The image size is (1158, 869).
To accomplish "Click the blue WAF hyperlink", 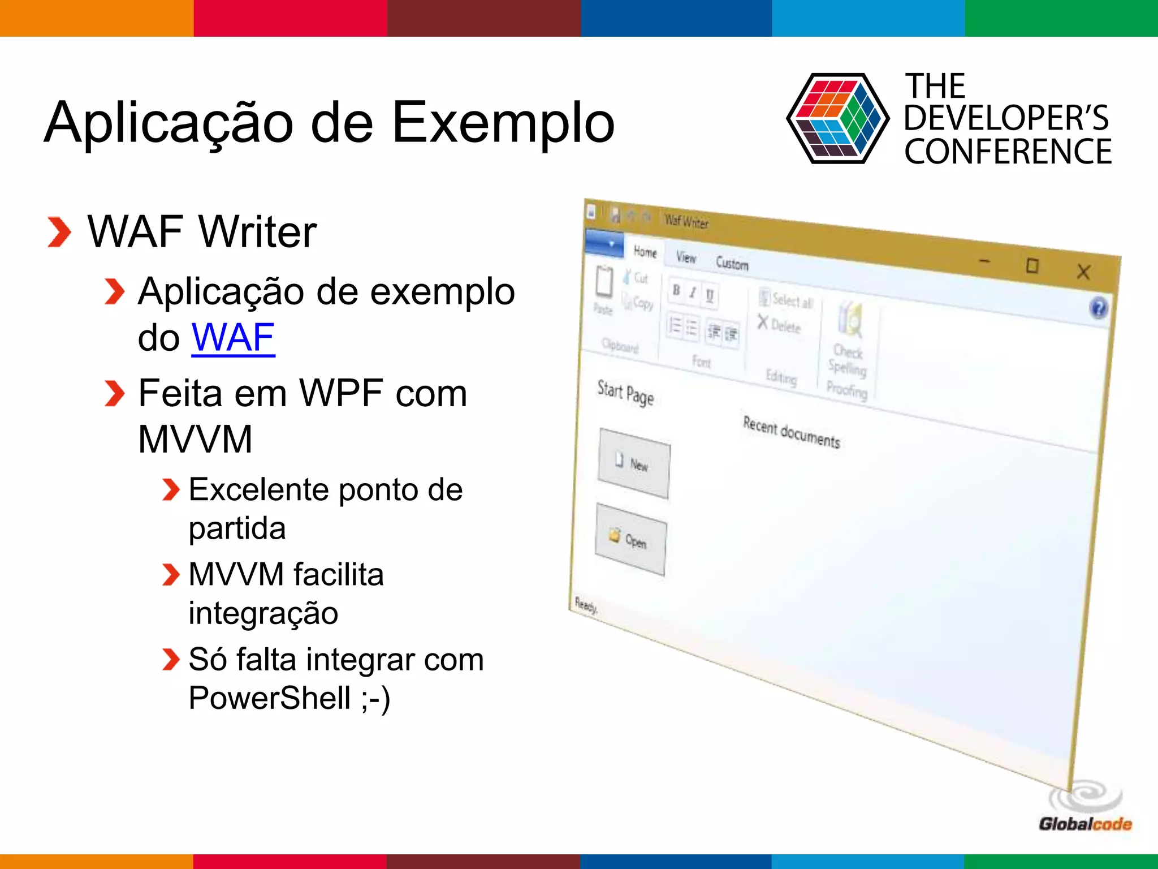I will (233, 338).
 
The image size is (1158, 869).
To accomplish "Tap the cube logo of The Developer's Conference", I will (837, 119).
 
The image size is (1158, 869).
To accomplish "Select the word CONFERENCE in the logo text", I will (1008, 152).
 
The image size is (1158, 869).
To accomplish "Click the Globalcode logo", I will (1085, 809).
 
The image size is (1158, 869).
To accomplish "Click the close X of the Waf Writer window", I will (1083, 272).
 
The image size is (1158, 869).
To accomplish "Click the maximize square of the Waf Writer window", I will (1032, 265).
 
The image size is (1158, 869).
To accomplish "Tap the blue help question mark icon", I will (1098, 308).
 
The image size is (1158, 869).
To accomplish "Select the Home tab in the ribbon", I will (645, 252).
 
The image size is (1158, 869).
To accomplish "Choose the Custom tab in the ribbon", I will (732, 264).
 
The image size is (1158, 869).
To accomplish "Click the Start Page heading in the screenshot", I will (625, 393).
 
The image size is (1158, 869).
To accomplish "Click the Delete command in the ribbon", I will (780, 325).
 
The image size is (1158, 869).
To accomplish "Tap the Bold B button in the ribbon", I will (676, 290).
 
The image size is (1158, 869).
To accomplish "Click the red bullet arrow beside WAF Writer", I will (59, 233).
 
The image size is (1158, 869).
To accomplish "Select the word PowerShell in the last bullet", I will (270, 698).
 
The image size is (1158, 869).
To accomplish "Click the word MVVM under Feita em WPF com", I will (195, 440).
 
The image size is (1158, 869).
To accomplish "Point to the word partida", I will (237, 529).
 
